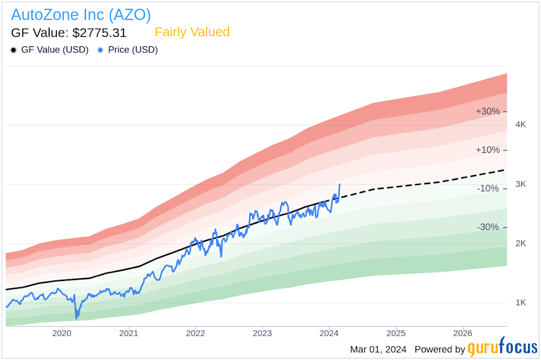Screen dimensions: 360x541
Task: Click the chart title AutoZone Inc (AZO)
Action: [81, 14]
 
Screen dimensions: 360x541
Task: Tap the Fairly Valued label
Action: [192, 32]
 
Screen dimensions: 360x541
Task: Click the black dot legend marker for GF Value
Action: [14, 50]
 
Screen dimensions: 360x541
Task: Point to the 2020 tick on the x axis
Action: [61, 333]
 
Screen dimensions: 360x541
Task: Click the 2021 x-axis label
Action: [129, 333]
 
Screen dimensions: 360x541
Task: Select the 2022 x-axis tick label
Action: [195, 333]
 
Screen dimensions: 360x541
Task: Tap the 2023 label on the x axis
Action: [262, 333]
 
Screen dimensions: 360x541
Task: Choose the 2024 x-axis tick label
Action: [329, 333]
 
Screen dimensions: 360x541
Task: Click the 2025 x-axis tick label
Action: [396, 333]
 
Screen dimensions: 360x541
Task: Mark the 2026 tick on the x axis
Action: [463, 333]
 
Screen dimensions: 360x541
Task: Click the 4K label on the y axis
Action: [521, 125]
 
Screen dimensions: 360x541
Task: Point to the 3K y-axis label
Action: [521, 184]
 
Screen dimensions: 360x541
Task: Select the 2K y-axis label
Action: [521, 243]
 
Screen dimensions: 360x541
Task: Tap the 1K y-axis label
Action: [521, 302]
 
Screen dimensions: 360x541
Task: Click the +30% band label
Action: [487, 112]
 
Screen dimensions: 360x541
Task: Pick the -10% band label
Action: [487, 188]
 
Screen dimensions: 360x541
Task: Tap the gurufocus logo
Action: [502, 349]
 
